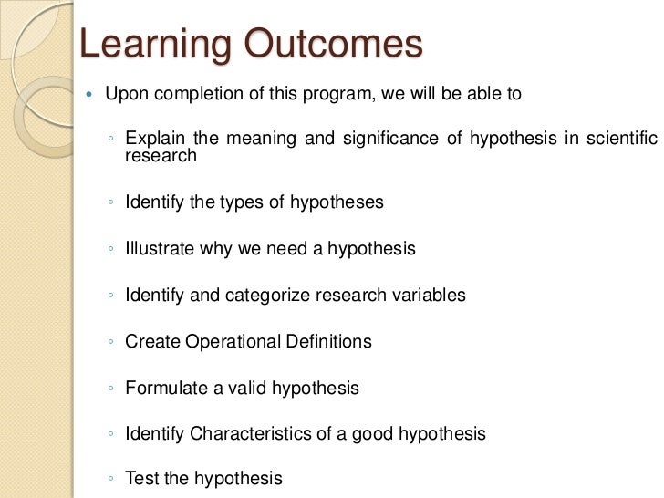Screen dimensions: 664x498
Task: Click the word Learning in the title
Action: click(x=155, y=45)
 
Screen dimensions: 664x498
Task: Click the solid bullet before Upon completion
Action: click(x=88, y=94)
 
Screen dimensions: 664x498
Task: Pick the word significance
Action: click(x=390, y=139)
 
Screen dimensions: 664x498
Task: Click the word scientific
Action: click(x=622, y=138)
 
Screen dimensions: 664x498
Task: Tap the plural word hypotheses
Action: click(x=337, y=202)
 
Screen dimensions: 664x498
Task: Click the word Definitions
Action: click(x=328, y=341)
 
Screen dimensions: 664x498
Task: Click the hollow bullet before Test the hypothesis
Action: click(x=111, y=479)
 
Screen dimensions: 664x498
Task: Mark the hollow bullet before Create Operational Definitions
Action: click(x=111, y=341)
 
